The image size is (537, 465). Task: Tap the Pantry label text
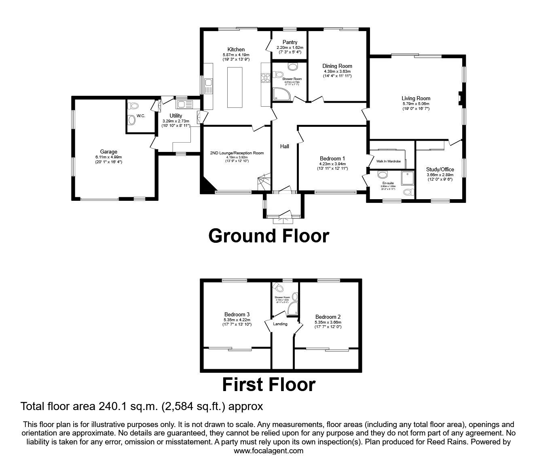pyautogui.click(x=290, y=42)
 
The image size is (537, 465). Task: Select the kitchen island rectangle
pyautogui.click(x=234, y=87)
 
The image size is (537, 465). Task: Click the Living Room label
pyautogui.click(x=416, y=98)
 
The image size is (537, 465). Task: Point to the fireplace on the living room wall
pyautogui.click(x=461, y=98)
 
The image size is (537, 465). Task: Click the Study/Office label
pyautogui.click(x=440, y=169)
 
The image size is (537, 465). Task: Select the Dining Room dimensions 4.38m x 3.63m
pyautogui.click(x=337, y=71)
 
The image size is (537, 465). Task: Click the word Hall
pyautogui.click(x=285, y=146)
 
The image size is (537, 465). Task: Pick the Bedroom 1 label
pyautogui.click(x=332, y=158)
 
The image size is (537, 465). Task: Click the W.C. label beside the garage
pyautogui.click(x=141, y=116)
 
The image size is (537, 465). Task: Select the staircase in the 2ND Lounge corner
pyautogui.click(x=264, y=182)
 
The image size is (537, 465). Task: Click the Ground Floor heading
pyautogui.click(x=268, y=236)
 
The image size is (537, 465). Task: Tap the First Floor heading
pyautogui.click(x=268, y=385)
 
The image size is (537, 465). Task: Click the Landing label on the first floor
pyautogui.click(x=280, y=324)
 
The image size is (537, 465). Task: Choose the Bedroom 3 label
pyautogui.click(x=237, y=314)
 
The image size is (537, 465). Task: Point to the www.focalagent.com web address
pyautogui.click(x=268, y=450)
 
